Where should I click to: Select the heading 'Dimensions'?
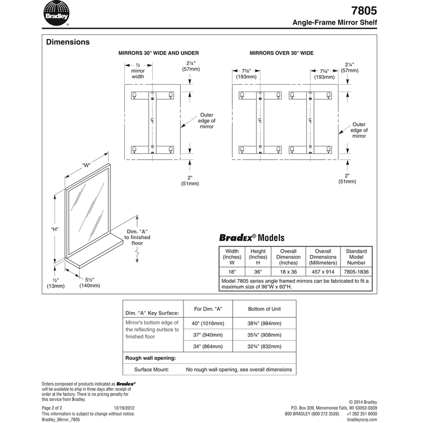[x=68, y=42]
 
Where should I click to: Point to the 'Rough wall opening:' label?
[x=150, y=358]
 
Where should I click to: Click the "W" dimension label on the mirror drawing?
[x=86, y=164]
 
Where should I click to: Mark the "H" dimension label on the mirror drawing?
[x=54, y=229]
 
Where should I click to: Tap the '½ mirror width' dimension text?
[x=137, y=70]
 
